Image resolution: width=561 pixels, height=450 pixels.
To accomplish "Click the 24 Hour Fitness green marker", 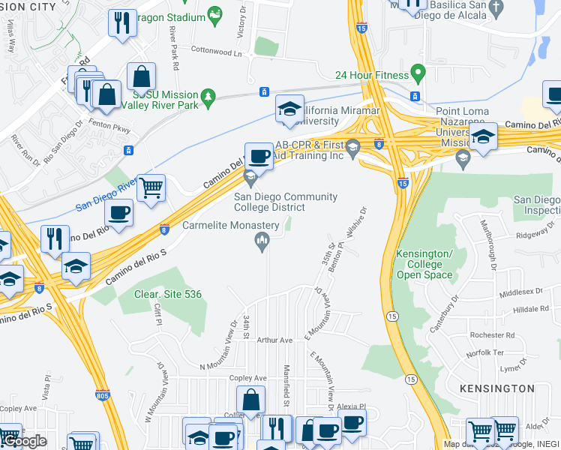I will (418, 75).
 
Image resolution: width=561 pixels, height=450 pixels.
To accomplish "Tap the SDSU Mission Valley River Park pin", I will (208, 96).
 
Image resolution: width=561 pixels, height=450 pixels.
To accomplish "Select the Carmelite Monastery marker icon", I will (262, 241).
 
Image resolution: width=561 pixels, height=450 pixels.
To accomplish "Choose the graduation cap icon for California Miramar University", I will (289, 109).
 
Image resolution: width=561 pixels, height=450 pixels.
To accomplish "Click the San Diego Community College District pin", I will (250, 178).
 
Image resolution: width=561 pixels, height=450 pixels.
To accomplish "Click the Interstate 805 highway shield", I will (103, 394).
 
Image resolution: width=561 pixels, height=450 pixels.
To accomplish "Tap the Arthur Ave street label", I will (274, 340).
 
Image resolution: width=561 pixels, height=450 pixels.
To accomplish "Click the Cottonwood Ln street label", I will (217, 53).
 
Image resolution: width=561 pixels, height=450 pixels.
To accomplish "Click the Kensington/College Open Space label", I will (424, 264).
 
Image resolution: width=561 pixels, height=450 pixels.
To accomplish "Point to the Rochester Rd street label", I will (492, 334).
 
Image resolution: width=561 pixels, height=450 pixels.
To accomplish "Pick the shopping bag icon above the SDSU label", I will (141, 76).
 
